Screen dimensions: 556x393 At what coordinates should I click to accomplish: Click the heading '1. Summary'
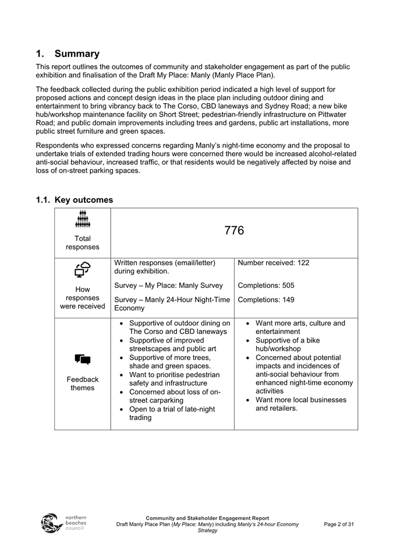(67, 54)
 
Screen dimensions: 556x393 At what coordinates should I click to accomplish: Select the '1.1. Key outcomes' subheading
(75, 200)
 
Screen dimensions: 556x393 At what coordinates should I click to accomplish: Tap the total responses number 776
(234, 231)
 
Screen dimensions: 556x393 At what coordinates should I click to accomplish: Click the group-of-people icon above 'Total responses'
(83, 220)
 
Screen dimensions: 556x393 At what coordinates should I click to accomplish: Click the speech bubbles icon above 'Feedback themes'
(83, 360)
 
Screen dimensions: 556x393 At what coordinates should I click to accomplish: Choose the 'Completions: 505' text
(266, 286)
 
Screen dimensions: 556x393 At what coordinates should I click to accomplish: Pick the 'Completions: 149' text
(266, 300)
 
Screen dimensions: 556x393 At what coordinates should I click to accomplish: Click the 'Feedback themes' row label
(83, 383)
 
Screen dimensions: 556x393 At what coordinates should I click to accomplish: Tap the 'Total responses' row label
(83, 242)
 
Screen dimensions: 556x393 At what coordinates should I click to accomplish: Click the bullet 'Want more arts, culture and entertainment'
(300, 327)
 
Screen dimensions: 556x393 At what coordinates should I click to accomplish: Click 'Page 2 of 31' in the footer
(339, 524)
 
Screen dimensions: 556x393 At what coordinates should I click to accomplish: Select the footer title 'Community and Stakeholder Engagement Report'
(207, 518)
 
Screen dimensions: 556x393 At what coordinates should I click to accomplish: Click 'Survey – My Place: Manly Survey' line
(169, 286)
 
